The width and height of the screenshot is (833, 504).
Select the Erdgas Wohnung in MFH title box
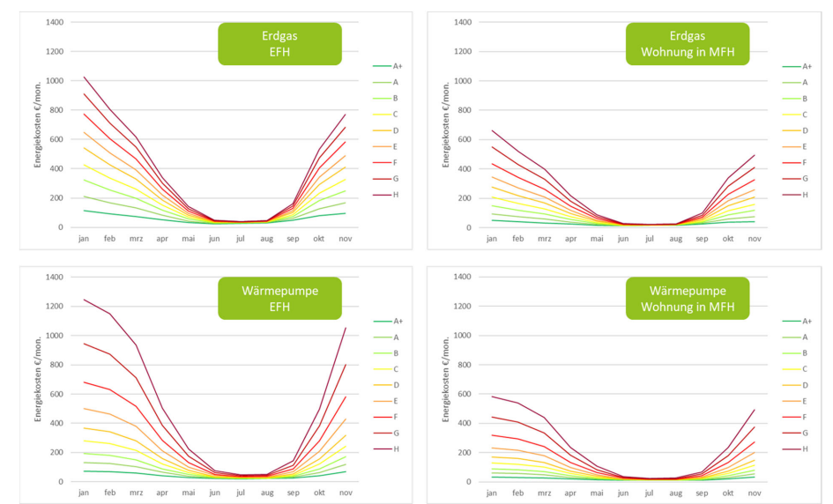(688, 43)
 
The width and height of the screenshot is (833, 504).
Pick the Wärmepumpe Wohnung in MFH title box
(688, 298)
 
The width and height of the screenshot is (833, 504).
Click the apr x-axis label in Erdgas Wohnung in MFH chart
(585, 238)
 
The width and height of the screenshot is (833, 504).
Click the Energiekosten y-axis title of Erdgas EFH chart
(38, 124)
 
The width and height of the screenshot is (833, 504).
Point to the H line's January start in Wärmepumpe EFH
(84, 300)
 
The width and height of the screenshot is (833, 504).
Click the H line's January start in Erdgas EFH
(84, 77)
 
